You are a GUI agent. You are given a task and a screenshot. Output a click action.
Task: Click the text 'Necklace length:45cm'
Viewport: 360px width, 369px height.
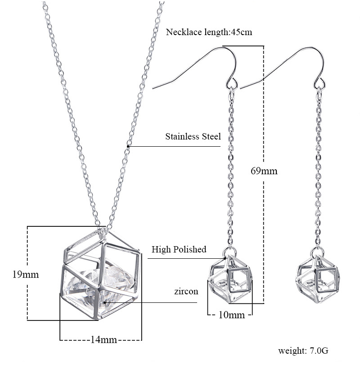coord(209,32)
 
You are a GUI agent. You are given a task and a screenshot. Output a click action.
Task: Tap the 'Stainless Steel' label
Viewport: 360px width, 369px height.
coord(193,136)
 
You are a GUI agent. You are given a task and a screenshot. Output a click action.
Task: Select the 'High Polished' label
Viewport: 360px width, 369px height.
coord(179,249)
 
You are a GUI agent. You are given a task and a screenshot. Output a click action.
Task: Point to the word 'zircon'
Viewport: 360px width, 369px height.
coord(186,291)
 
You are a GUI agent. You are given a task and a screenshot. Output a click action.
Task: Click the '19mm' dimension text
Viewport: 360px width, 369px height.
coord(25,274)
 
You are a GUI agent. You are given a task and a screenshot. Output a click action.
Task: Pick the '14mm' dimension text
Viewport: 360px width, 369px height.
coord(104,340)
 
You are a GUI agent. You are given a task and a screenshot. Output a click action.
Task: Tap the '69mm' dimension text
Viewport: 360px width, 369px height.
coord(264,171)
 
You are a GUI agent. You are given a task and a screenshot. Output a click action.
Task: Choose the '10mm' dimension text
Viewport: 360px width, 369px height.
coord(232,315)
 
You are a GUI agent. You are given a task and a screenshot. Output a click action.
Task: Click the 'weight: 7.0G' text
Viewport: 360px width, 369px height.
coord(303,351)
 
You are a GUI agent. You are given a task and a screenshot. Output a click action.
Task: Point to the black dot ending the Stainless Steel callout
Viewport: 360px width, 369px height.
coord(128,146)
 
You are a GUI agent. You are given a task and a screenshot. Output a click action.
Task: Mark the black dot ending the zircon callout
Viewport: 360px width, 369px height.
coord(104,302)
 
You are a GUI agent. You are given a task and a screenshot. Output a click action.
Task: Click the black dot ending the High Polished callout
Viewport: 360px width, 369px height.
coord(225,258)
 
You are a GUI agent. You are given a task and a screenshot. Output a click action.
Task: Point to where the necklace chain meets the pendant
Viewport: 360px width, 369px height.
coord(103,229)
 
